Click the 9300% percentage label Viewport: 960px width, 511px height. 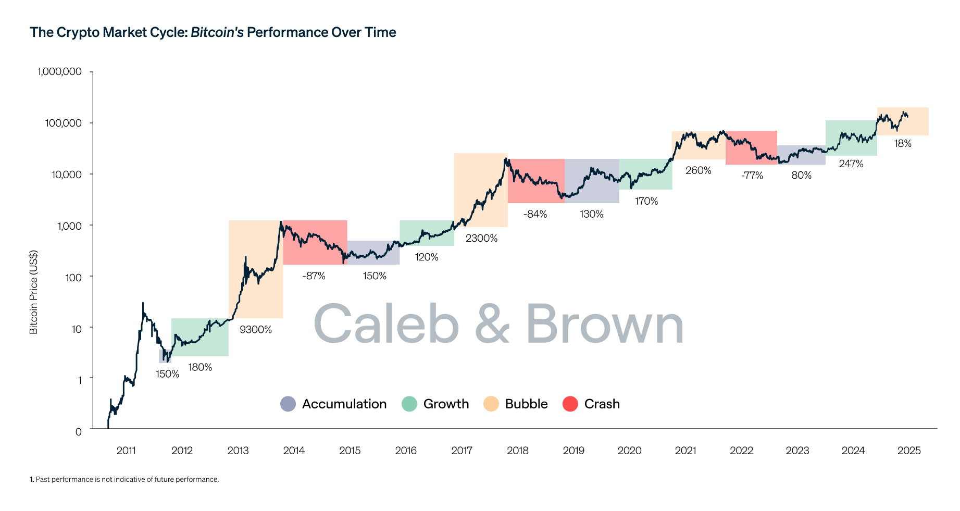point(255,330)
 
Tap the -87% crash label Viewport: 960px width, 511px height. point(314,276)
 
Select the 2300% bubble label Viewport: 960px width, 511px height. point(481,239)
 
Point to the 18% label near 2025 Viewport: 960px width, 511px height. point(903,144)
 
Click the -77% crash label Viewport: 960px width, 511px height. point(752,176)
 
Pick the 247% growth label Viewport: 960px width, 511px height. point(851,164)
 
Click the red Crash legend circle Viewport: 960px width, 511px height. point(570,404)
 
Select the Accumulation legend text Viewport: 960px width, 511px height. point(344,404)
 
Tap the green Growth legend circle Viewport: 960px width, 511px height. point(409,404)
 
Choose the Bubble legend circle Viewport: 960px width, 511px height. point(491,404)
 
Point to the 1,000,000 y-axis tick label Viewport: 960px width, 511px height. point(59,71)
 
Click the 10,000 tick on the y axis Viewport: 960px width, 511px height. point(66,175)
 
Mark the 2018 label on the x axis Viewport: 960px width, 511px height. point(517,451)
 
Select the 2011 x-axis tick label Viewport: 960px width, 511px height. point(126,451)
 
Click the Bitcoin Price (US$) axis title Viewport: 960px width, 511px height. point(34,292)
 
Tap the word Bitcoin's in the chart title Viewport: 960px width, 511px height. point(217,32)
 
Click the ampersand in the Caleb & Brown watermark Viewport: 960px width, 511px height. point(492,324)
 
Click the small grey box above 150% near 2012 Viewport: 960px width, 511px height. point(165,356)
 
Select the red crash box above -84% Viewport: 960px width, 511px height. point(536,181)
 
